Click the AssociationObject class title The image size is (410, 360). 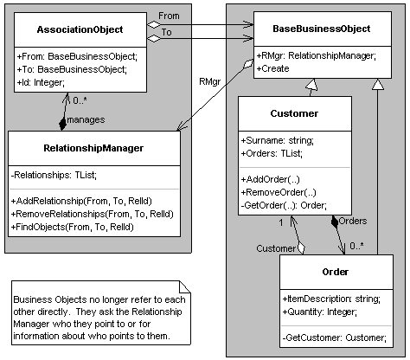pyautogui.click(x=79, y=29)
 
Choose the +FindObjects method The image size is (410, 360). pyautogui.click(x=74, y=227)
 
